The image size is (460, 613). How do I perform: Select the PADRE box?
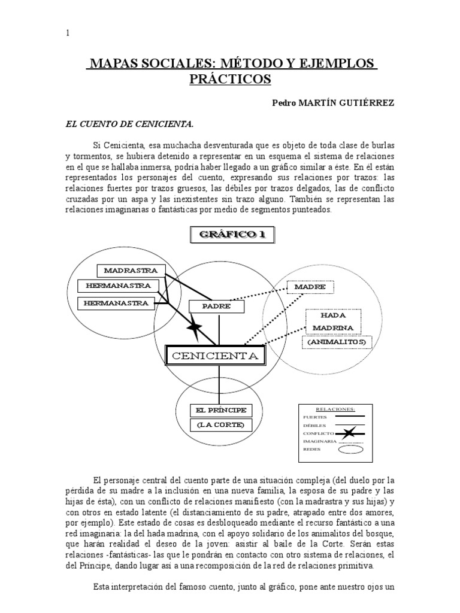click(209, 306)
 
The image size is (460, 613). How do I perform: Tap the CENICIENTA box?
click(215, 356)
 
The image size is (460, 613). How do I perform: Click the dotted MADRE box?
click(310, 287)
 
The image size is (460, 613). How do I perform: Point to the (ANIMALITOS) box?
click(337, 342)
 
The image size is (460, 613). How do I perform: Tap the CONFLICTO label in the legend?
click(318, 432)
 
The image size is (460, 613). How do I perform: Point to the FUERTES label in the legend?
click(315, 417)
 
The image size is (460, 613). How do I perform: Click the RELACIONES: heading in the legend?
click(334, 409)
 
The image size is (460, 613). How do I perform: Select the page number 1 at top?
click(68, 34)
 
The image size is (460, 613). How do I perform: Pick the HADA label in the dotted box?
click(334, 315)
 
